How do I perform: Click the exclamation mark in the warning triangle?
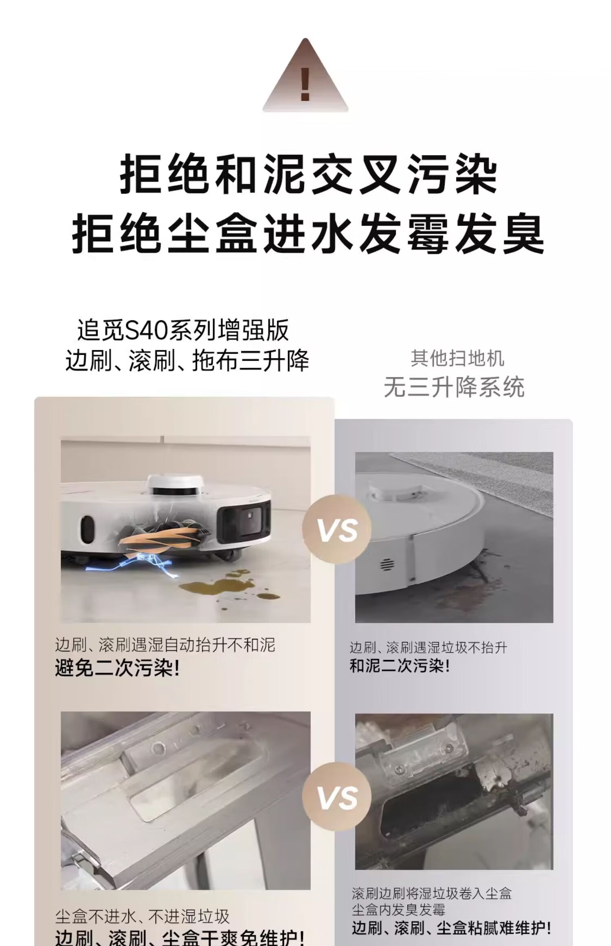[x=305, y=84]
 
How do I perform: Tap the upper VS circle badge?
[x=337, y=529]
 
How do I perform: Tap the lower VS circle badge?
[x=337, y=797]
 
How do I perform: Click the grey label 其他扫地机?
[x=457, y=359]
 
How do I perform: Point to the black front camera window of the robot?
[x=244, y=521]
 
